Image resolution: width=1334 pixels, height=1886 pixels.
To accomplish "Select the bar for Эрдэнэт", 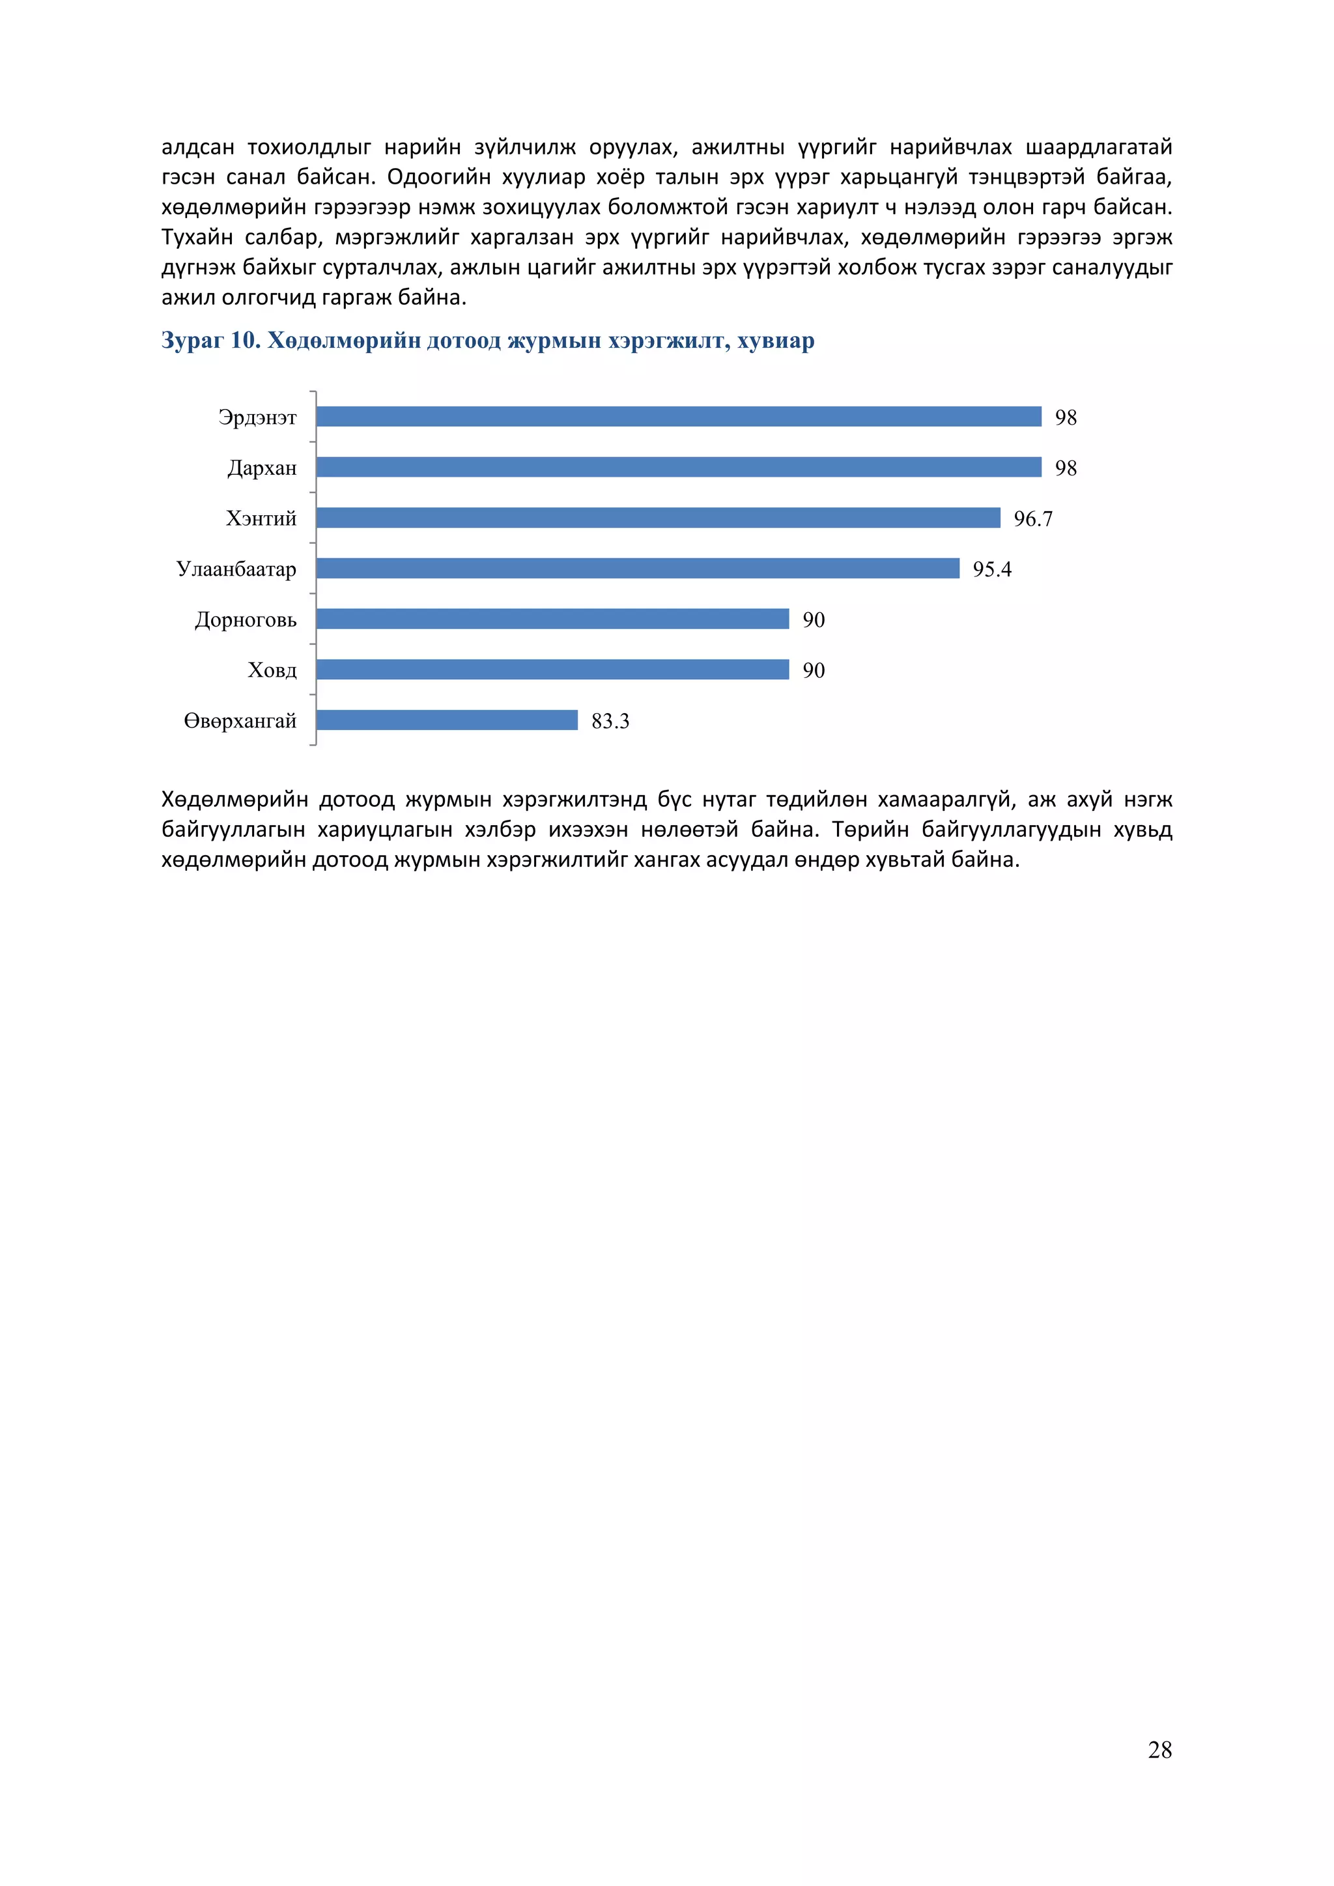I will (679, 416).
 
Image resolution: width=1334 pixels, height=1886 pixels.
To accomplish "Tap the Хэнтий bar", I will (658, 518).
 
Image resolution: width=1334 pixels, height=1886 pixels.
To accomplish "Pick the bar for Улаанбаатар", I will (638, 569).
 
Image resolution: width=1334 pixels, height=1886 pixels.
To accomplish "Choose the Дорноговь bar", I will (552, 619).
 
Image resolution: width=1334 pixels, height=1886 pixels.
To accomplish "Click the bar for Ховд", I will (552, 669).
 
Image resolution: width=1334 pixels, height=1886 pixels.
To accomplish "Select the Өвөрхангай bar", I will (447, 720).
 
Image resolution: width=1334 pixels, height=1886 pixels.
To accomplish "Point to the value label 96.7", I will (1032, 518).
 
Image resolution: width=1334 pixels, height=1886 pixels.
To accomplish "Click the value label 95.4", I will (991, 569).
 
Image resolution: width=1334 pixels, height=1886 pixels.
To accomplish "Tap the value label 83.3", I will (610, 721).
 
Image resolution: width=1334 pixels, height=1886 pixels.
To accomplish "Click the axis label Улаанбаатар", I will (236, 569).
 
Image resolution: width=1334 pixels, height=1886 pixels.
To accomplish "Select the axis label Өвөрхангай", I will (240, 721).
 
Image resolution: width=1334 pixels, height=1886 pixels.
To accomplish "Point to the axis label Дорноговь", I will (246, 619).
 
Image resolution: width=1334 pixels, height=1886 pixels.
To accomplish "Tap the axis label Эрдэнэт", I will (257, 417).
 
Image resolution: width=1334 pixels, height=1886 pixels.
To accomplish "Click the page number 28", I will (1159, 1750).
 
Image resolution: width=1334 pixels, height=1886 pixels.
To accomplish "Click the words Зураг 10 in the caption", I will (210, 340).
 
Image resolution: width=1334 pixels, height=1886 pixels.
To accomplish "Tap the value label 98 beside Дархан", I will (1066, 468).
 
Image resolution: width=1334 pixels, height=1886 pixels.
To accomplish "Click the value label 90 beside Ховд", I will (813, 670).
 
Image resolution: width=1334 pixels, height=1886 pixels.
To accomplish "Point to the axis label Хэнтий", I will (261, 518).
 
